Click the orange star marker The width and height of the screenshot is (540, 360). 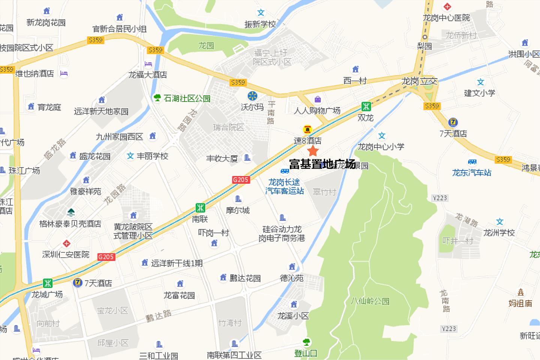(313, 151)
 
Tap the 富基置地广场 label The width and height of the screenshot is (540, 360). (322, 164)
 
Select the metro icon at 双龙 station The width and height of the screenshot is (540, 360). (366, 106)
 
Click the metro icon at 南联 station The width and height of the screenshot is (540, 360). (200, 208)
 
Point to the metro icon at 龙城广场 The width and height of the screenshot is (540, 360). (48, 283)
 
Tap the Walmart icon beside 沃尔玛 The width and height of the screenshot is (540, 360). (252, 96)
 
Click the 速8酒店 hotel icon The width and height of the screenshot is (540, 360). (307, 130)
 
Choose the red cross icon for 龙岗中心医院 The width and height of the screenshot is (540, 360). (447, 7)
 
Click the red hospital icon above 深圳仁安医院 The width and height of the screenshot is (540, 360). (66, 243)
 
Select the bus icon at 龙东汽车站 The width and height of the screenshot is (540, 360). (472, 162)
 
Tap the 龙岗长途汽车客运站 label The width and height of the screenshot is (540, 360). (285, 186)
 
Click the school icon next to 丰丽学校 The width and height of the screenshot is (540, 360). (130, 156)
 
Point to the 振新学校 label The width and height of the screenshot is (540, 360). (260, 24)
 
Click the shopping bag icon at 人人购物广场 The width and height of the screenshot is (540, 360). (318, 99)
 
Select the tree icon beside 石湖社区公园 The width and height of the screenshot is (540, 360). (157, 98)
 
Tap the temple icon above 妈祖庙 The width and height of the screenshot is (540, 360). (520, 292)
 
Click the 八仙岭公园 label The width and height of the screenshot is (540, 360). (370, 301)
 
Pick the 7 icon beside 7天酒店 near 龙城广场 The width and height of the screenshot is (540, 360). (78, 282)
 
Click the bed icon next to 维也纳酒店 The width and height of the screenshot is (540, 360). (64, 73)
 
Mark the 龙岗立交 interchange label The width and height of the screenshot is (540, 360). (419, 81)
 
